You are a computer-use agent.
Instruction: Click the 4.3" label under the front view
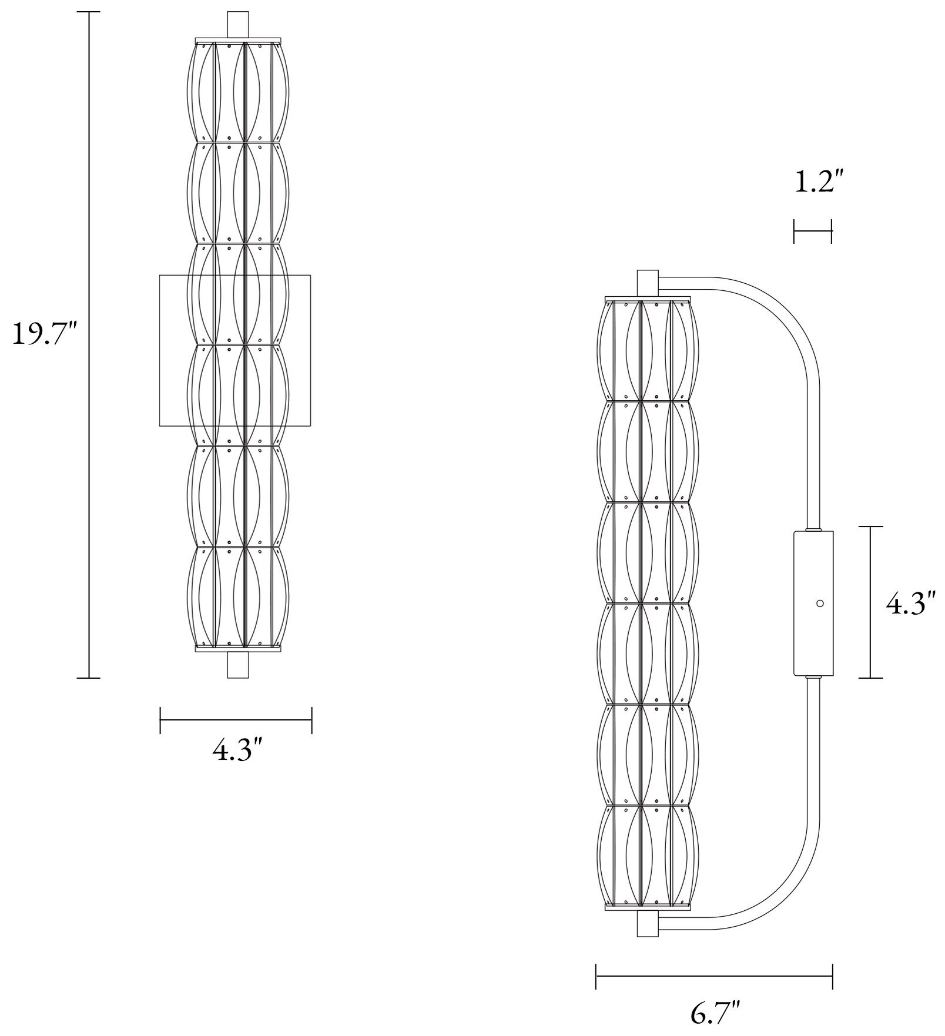pyautogui.click(x=237, y=750)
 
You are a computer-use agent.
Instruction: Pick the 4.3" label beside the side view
pyautogui.click(x=910, y=604)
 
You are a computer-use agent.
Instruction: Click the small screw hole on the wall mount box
pyautogui.click(x=820, y=604)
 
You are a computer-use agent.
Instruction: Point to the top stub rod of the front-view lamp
pyautogui.click(x=238, y=25)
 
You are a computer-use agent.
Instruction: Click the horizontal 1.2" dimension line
pyautogui.click(x=813, y=231)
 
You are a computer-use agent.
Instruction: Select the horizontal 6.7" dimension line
pyautogui.click(x=714, y=977)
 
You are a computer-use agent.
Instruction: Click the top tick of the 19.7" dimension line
pyautogui.click(x=89, y=12)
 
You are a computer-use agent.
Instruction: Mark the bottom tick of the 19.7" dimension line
pyautogui.click(x=89, y=678)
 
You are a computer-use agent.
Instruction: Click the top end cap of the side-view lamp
pyautogui.click(x=648, y=283)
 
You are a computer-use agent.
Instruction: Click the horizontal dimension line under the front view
pyautogui.click(x=236, y=720)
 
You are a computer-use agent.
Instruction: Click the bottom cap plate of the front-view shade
pyautogui.click(x=238, y=649)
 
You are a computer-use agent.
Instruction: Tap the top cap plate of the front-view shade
pyautogui.click(x=238, y=40)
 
